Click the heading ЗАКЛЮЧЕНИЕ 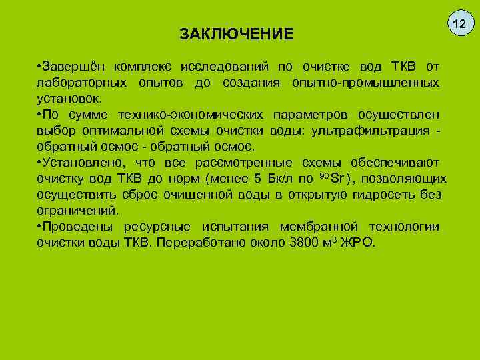237,33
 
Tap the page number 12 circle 459,25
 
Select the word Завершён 74,67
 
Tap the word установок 69,98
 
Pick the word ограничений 77,210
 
